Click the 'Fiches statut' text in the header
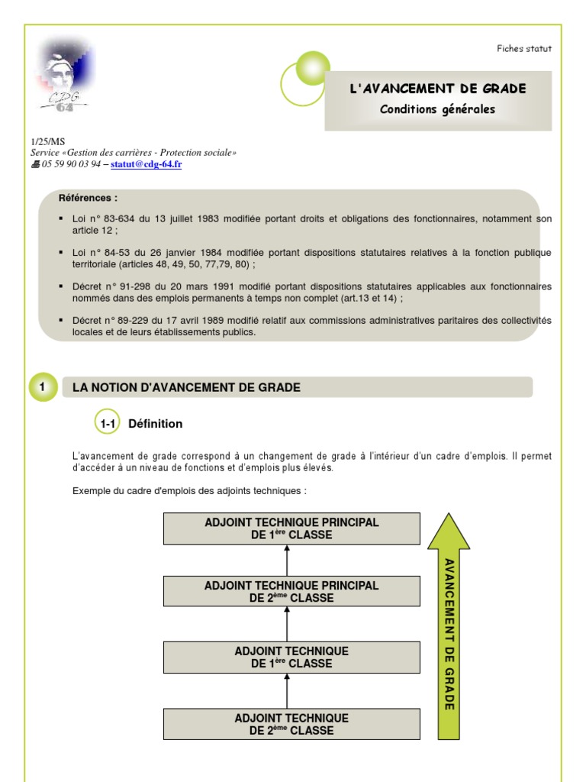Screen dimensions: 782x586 pyautogui.click(x=523, y=49)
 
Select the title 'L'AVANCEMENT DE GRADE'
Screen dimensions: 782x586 pyautogui.click(x=438, y=89)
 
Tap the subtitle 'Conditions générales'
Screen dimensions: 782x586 pyautogui.click(x=438, y=109)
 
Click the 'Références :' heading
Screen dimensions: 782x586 pyautogui.click(x=88, y=198)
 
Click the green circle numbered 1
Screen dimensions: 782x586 pyautogui.click(x=43, y=387)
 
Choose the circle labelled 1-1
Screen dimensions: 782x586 pyautogui.click(x=107, y=423)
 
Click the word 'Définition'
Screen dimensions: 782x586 pyautogui.click(x=156, y=424)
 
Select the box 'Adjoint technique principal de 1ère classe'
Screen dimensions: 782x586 pyautogui.click(x=291, y=528)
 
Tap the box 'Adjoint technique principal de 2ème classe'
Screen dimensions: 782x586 pyautogui.click(x=291, y=592)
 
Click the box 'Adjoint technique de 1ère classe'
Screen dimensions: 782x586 pyautogui.click(x=291, y=658)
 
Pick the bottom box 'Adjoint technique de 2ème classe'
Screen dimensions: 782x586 pyautogui.click(x=291, y=724)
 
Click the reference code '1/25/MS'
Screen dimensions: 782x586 pyautogui.click(x=47, y=142)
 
